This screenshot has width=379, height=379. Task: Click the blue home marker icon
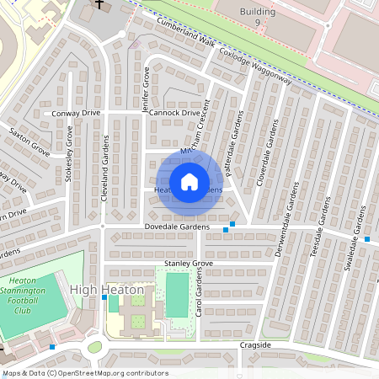point(189,182)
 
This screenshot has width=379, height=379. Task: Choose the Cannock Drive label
point(174,112)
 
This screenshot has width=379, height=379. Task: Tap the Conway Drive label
point(76,112)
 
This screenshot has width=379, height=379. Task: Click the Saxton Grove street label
point(29,142)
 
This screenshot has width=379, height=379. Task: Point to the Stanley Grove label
point(189,264)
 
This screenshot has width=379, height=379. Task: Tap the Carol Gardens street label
point(200,300)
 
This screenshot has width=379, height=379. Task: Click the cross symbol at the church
point(99,4)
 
